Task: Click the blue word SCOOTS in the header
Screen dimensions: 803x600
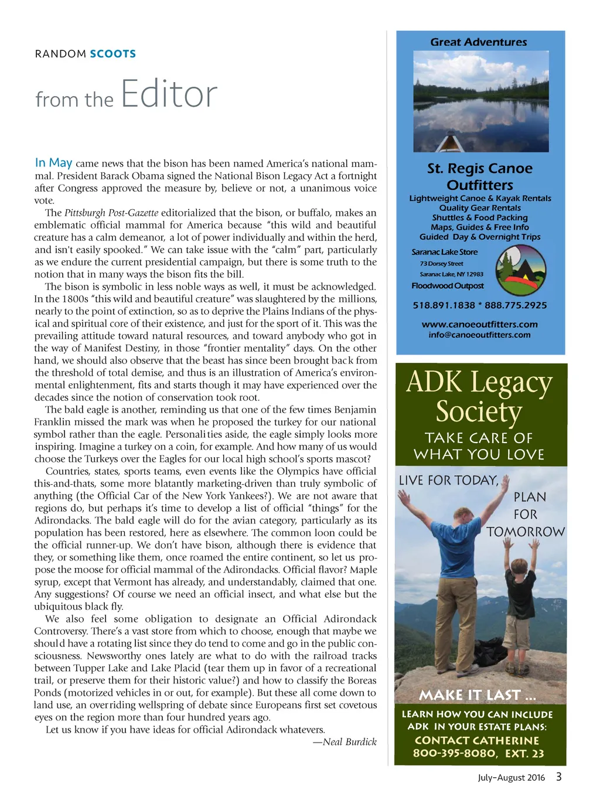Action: point(112,54)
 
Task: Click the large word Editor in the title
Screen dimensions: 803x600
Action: point(169,94)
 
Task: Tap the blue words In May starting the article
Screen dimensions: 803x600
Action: point(53,162)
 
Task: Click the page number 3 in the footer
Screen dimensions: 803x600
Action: point(558,777)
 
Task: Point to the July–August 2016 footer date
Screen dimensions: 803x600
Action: point(511,778)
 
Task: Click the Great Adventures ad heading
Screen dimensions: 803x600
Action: point(479,42)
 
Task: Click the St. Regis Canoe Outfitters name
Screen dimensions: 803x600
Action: point(479,176)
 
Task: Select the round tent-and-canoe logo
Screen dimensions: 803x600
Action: point(520,270)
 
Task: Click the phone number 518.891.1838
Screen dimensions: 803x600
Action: point(444,305)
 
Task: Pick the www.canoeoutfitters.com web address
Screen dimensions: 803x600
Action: point(479,324)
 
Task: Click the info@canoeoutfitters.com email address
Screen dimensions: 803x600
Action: point(479,335)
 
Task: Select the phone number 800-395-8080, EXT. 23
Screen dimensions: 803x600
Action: point(478,753)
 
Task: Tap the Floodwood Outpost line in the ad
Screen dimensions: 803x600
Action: point(448,286)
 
